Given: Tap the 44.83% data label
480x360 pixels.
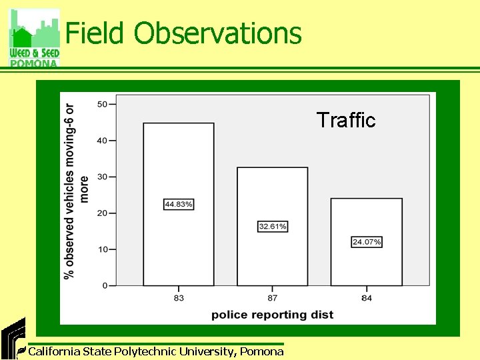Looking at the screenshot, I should [179, 204].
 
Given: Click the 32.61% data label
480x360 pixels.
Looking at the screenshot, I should [273, 227].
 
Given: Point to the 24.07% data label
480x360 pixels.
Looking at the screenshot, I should [367, 242].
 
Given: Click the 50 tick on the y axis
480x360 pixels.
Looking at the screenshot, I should [103, 104].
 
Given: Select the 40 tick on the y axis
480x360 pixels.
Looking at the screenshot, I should [103, 141].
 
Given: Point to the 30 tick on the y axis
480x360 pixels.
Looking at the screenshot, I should [103, 177].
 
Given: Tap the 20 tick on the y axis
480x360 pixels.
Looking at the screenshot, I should [103, 213].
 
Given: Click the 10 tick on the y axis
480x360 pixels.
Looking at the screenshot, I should [103, 249].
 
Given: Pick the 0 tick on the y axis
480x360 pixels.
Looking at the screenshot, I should [105, 286].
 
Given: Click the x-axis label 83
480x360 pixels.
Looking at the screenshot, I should [179, 298].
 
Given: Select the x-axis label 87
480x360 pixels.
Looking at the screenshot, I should [273, 298].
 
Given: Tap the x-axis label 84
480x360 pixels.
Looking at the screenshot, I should [367, 298].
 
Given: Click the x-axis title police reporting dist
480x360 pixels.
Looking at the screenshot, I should [273, 314].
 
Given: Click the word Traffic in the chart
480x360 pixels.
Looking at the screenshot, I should [346, 120].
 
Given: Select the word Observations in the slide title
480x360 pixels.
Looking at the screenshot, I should [217, 33].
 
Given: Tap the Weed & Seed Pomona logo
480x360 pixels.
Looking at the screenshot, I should [34, 38].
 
